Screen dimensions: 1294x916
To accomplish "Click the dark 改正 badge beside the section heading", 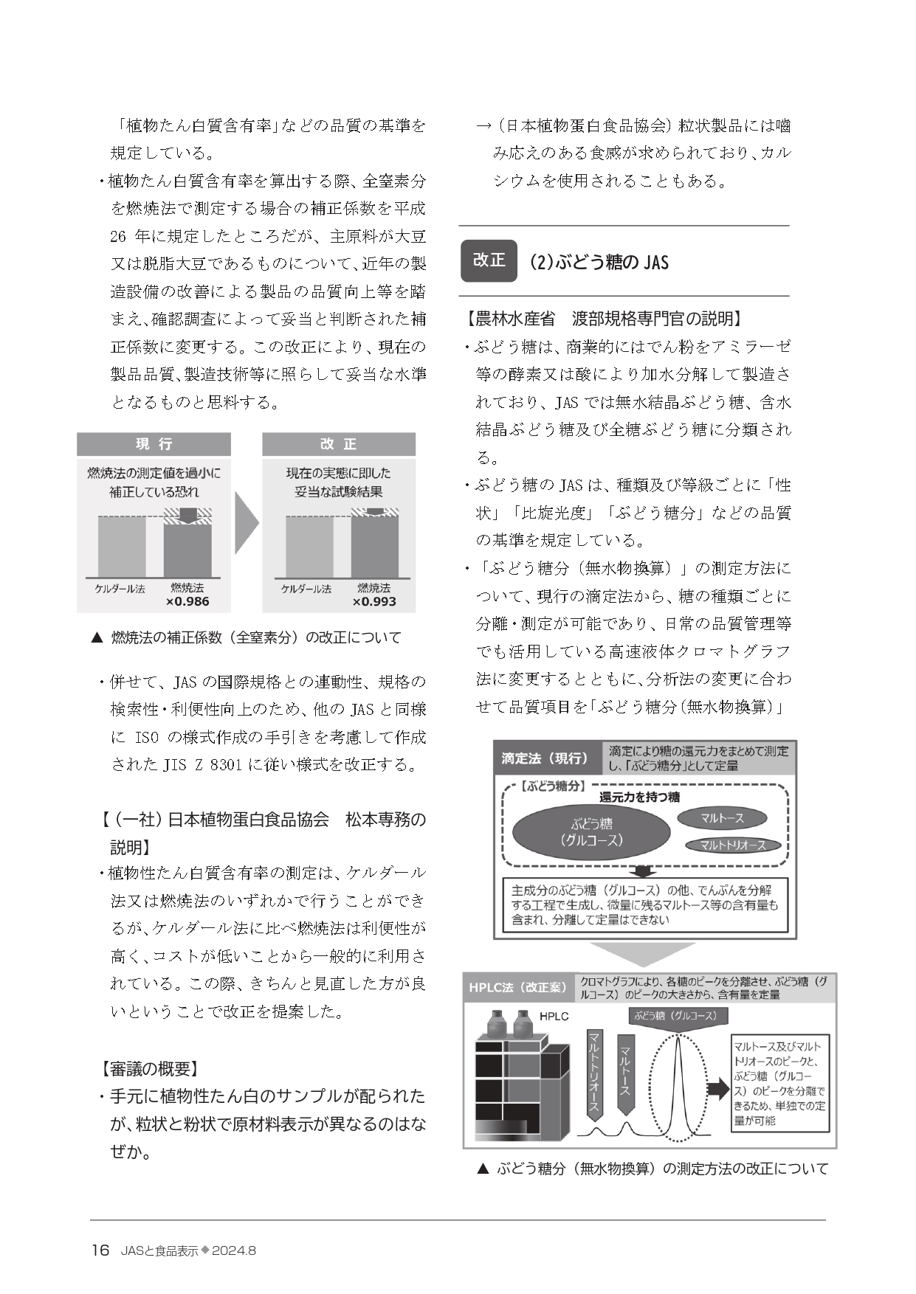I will (x=489, y=260).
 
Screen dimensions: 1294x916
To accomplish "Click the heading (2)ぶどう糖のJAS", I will (x=599, y=262).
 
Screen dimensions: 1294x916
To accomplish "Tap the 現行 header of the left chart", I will (x=154, y=443).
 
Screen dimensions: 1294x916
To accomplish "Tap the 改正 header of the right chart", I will (x=339, y=443).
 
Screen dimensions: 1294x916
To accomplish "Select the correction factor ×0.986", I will (x=187, y=601).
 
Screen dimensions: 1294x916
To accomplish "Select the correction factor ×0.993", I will (x=374, y=601).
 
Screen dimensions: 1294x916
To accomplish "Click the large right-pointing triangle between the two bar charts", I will (x=247, y=523).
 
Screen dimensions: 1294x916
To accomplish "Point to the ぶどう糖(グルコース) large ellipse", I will (x=591, y=831).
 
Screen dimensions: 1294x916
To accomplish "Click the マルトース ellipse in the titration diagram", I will (x=722, y=817).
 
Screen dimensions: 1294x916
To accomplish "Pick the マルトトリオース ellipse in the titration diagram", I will (x=732, y=845).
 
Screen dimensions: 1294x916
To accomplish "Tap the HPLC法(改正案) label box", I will (x=518, y=987).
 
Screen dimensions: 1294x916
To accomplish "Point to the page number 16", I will (x=100, y=1250).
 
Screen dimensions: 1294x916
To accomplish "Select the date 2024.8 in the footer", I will (x=233, y=1251).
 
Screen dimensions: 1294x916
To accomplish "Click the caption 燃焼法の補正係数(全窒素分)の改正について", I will (x=255, y=637).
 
